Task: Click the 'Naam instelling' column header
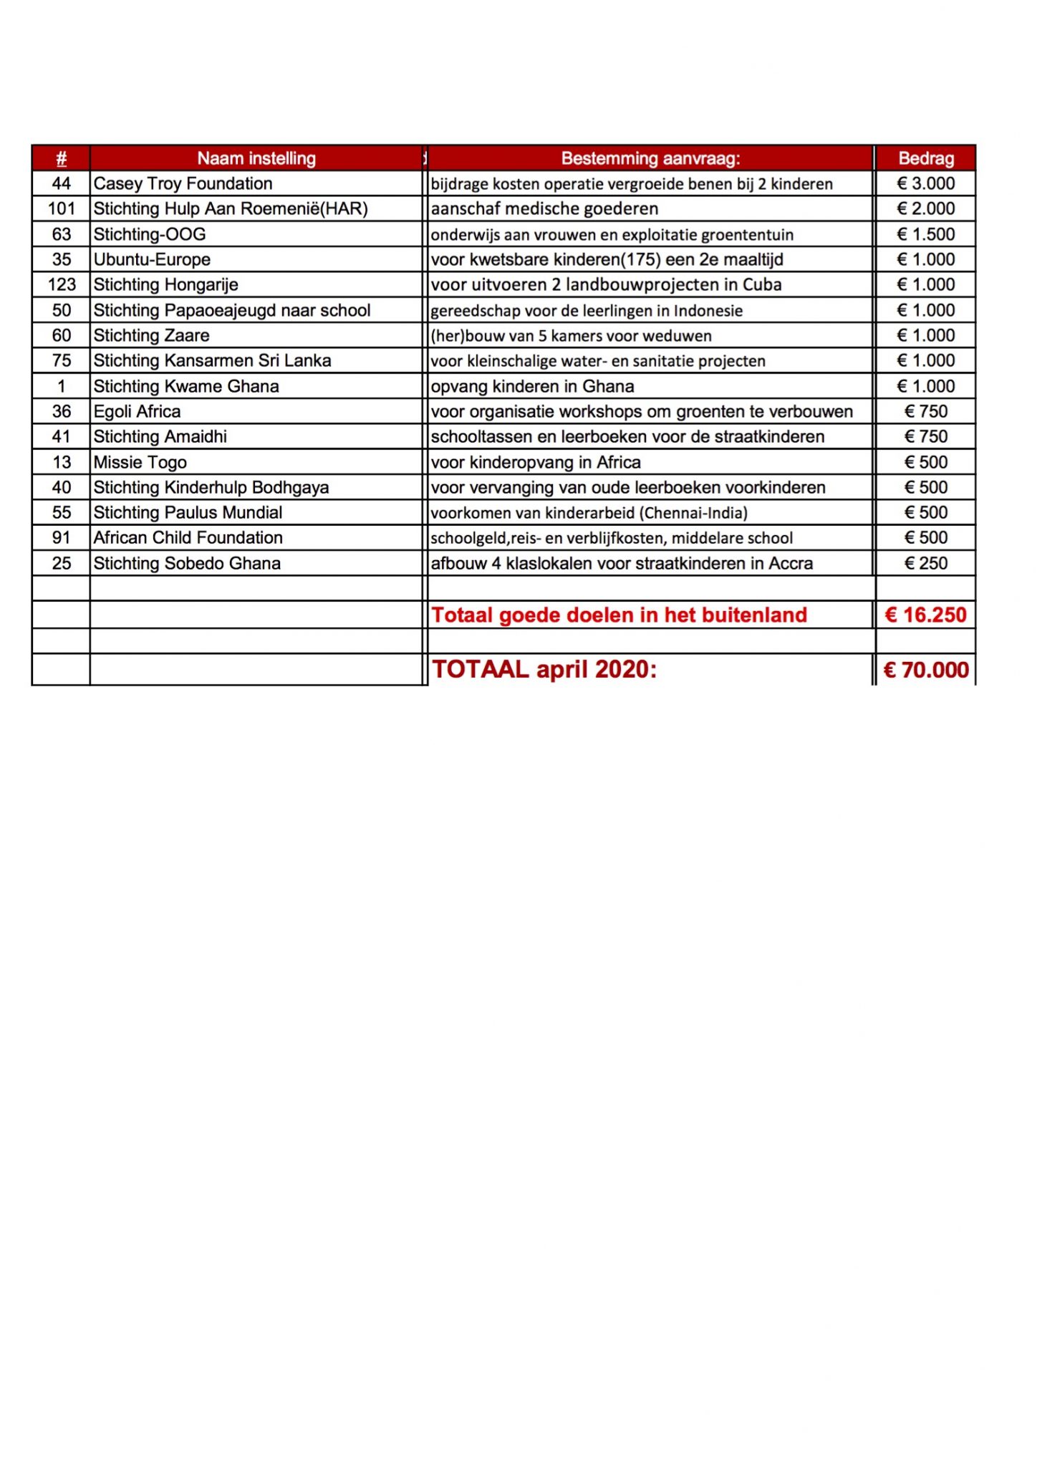pyautogui.click(x=256, y=158)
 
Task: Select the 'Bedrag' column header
pyautogui.click(x=926, y=158)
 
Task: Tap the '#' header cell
pyautogui.click(x=62, y=158)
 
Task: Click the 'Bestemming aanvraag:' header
pyautogui.click(x=650, y=158)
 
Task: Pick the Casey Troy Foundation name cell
pyautogui.click(x=183, y=183)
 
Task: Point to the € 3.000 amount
pyautogui.click(x=926, y=183)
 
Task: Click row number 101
pyautogui.click(x=62, y=208)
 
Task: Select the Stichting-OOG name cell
pyautogui.click(x=150, y=234)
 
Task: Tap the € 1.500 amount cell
pyautogui.click(x=926, y=234)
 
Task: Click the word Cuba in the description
pyautogui.click(x=762, y=285)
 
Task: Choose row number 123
pyautogui.click(x=62, y=285)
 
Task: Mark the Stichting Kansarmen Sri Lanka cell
pyautogui.click(x=212, y=360)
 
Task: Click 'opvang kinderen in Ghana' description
pyautogui.click(x=533, y=386)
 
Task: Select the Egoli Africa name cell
pyautogui.click(x=138, y=411)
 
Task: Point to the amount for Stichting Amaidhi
pyautogui.click(x=926, y=436)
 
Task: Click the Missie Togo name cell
pyautogui.click(x=140, y=462)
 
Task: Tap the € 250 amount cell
pyautogui.click(x=926, y=563)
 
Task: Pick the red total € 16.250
pyautogui.click(x=926, y=615)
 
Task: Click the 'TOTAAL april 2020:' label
pyautogui.click(x=544, y=669)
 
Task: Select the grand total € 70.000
pyautogui.click(x=926, y=670)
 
